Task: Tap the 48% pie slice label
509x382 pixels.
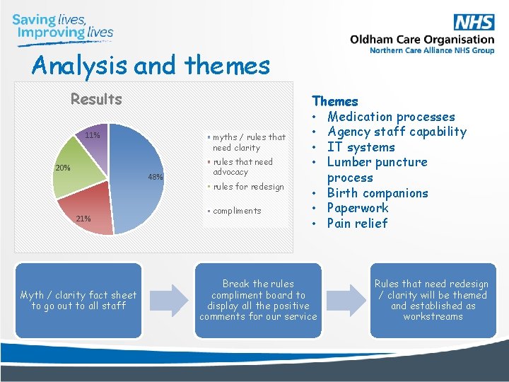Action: click(156, 177)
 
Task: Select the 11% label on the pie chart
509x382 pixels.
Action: click(92, 135)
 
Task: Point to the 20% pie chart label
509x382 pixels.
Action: click(63, 168)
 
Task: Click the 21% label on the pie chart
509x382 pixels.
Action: click(83, 218)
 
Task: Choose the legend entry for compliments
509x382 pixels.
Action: click(237, 211)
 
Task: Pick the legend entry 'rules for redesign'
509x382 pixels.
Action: click(247, 187)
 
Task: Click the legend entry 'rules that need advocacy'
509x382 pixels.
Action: click(242, 167)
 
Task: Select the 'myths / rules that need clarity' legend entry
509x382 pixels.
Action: click(248, 142)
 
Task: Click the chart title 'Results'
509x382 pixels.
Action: click(96, 99)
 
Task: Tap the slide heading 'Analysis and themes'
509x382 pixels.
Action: click(151, 66)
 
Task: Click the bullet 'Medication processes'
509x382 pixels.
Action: click(391, 117)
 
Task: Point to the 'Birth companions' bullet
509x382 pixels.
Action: click(378, 193)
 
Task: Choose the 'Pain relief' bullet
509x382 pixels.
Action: click(357, 224)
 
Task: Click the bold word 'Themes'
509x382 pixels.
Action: click(335, 102)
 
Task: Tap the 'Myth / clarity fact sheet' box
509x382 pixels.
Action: click(78, 300)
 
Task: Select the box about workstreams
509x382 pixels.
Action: click(431, 300)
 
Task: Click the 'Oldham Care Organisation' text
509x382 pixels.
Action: click(422, 40)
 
